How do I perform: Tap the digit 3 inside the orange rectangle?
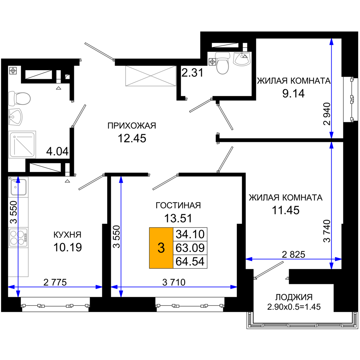tap(161, 248)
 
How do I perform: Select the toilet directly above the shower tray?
tap(20, 98)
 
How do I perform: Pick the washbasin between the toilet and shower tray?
tap(15, 117)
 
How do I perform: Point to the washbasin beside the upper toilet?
tap(242, 59)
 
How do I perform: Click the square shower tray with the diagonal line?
tap(22, 144)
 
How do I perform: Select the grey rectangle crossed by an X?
tap(150, 76)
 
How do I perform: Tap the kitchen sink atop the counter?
tap(18, 187)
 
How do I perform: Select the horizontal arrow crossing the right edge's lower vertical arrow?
tap(288, 259)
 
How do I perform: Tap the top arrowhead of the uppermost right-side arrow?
tap(331, 42)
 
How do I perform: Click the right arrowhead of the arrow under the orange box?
tap(234, 287)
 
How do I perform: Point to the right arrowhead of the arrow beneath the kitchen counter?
tap(99, 287)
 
